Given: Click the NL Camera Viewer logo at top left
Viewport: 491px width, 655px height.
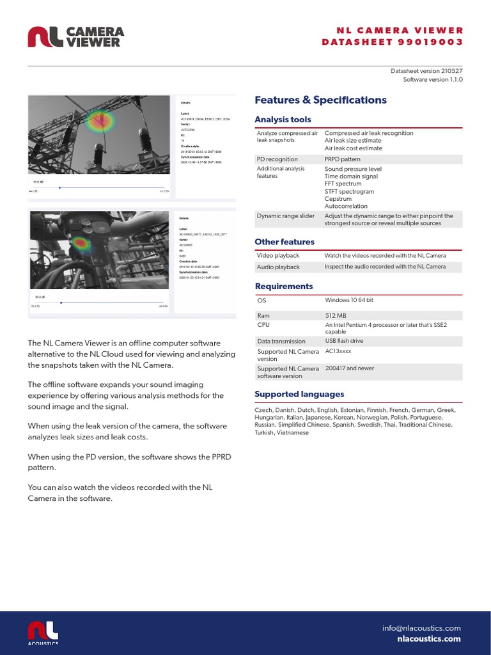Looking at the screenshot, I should coord(75,36).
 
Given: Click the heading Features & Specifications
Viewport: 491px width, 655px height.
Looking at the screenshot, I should coord(320,100).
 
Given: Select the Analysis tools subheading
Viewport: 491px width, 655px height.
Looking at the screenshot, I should coord(283,120).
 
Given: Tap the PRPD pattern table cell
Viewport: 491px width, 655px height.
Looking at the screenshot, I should coord(342,159).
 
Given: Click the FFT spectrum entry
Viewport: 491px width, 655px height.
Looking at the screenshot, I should coord(343,184).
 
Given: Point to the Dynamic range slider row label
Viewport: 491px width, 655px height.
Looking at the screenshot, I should coord(285,216).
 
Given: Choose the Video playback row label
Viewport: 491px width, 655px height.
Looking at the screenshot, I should coord(278,256).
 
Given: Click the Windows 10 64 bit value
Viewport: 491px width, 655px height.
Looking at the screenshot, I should coord(349,300).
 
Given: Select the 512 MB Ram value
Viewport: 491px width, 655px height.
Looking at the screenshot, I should coord(336,315).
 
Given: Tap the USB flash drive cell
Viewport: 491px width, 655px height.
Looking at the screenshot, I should coord(345,341).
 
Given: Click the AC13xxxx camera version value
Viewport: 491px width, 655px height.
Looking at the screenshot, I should coord(338,351).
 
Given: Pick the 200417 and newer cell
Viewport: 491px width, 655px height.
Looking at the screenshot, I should coord(350,368).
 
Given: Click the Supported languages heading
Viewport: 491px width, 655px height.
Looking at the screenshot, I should coord(299,394).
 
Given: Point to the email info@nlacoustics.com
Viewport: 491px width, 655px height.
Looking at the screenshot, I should coord(421,628).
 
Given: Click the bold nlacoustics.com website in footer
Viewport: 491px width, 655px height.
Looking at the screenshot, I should coord(428,638).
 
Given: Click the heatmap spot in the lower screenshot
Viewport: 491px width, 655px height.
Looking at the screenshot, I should coord(81,243).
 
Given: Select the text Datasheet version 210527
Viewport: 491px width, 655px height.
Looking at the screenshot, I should coord(426,70).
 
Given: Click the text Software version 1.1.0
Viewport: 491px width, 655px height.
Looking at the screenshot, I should coord(432,80).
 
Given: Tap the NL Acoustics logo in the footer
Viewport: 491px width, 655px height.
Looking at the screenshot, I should coord(43,632).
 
